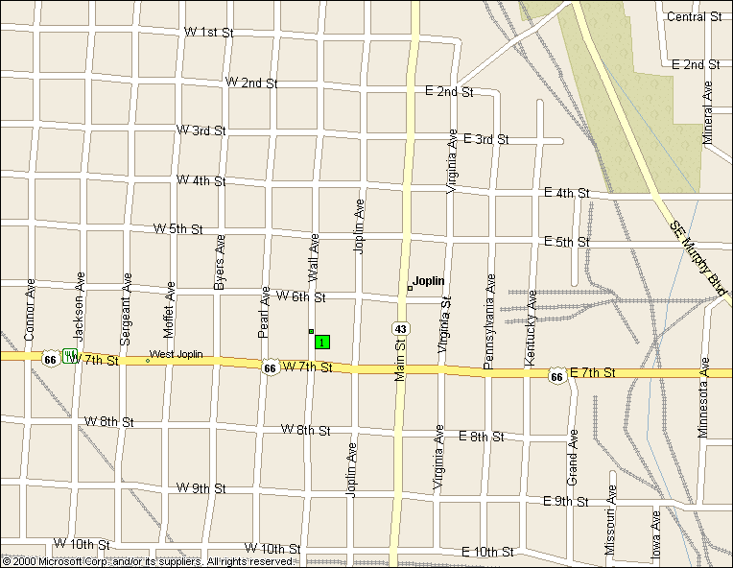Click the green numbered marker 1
322,342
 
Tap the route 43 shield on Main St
401,329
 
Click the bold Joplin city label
428,281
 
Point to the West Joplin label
176,355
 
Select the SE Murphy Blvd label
698,260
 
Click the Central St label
694,16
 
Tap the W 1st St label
209,33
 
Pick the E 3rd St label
485,139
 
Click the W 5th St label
178,229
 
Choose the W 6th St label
301,297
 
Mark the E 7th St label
592,372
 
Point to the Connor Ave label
30,311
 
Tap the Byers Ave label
220,262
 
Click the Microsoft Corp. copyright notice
148,561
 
